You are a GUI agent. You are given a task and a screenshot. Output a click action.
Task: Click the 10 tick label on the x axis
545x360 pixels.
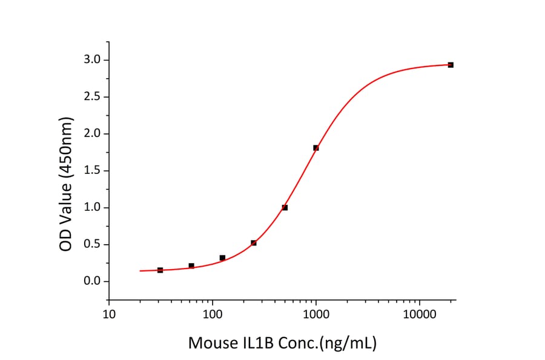click(109, 315)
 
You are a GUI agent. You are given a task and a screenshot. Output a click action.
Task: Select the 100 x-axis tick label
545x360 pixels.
click(213, 315)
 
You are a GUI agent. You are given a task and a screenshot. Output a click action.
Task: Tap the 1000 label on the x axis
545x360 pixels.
click(316, 315)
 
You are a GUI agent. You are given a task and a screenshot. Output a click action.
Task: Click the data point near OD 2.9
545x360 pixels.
click(451, 65)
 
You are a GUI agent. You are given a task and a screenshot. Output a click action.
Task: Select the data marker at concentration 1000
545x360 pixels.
click(316, 148)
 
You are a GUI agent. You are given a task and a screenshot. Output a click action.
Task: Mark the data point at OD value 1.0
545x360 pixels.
click(285, 207)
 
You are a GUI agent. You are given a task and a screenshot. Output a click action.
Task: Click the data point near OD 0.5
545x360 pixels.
click(254, 243)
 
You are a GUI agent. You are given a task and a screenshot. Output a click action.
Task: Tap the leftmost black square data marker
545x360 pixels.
click(160, 270)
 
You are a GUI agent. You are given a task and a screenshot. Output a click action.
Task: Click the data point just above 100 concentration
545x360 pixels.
click(222, 258)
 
